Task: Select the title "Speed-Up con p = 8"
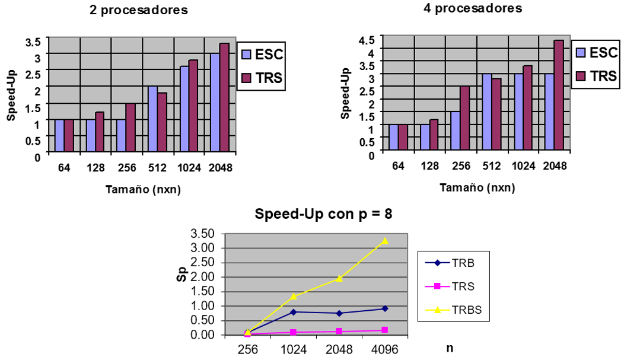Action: (323, 215)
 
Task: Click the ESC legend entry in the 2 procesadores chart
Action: (261, 54)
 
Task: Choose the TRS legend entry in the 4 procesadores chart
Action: (596, 76)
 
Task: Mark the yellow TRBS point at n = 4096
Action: (384, 241)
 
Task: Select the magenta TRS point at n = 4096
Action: (384, 330)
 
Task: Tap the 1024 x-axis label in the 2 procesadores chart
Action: (189, 168)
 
